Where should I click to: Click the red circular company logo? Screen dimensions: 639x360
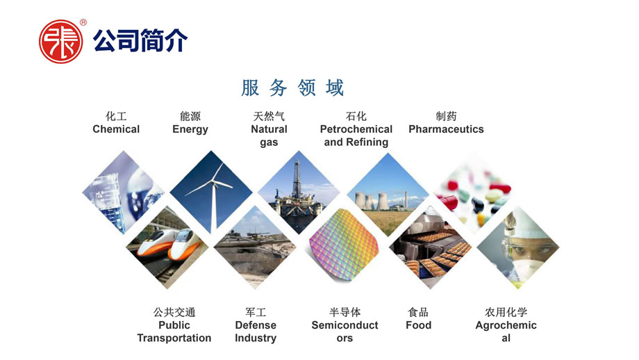[60, 42]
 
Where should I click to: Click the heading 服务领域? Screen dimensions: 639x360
[292, 88]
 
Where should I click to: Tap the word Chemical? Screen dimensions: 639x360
[116, 129]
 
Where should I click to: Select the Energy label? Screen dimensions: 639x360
[190, 130]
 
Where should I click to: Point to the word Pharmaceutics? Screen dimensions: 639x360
[446, 129]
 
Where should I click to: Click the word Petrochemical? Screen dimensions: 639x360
[356, 129]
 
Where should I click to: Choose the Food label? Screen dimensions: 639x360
[419, 325]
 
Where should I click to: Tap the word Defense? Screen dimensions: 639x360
[256, 325]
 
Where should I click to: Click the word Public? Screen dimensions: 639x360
[174, 325]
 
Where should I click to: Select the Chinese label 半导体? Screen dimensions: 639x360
[345, 312]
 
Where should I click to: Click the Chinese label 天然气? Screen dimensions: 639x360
[269, 116]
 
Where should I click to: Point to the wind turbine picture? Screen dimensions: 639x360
[211, 192]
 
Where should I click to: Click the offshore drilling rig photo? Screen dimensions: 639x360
[299, 192]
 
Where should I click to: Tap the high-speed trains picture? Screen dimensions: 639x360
[167, 247]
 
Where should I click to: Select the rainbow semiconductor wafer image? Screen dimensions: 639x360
[344, 245]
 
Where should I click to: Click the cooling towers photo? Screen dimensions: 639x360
[388, 194]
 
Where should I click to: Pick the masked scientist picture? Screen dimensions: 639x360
[518, 247]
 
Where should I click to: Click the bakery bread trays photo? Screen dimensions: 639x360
[431, 247]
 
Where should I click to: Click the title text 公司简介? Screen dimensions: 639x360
[140, 41]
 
